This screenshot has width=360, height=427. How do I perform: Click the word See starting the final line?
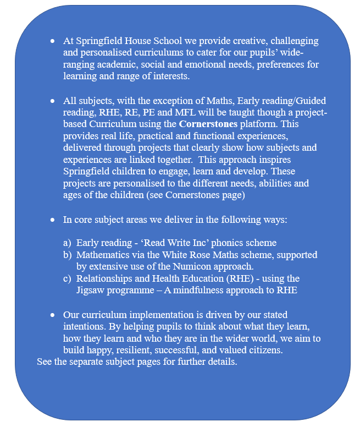45,362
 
